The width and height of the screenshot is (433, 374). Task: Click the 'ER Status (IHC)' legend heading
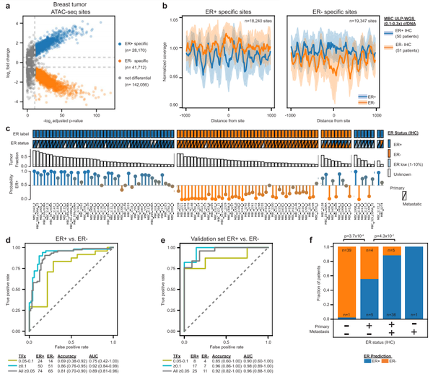click(405, 133)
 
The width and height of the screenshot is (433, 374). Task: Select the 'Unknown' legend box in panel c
click(390, 174)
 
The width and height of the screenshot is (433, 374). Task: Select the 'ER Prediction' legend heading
click(397, 357)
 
